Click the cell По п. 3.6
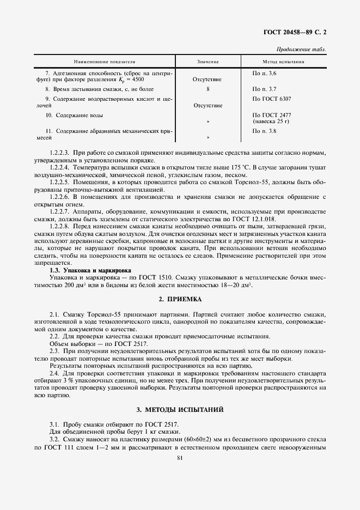pos(265,72)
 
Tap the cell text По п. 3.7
pos(265,88)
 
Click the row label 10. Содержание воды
pos(74,116)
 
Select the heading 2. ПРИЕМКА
pos(180,299)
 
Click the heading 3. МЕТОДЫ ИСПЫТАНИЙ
pos(180,409)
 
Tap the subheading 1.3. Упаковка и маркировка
pos(90,270)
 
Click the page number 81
pos(180,459)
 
